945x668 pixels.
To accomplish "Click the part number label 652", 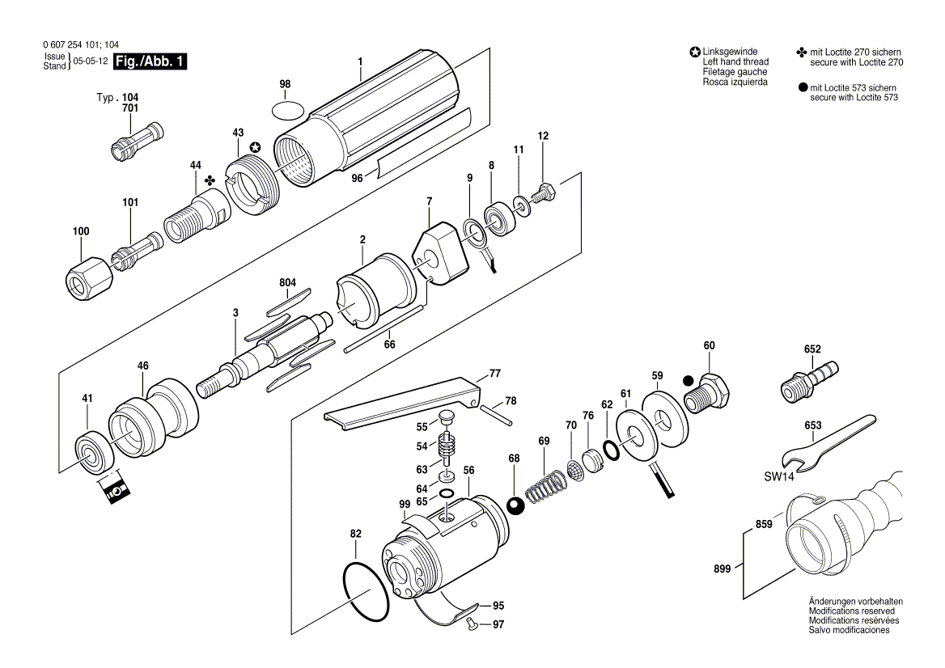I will click(x=812, y=349).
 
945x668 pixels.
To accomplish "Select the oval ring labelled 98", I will click(x=286, y=108).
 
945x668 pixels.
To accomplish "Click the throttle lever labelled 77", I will click(x=405, y=400).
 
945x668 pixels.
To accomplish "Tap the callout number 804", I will click(x=287, y=282).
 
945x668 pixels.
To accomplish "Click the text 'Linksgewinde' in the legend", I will click(x=729, y=52).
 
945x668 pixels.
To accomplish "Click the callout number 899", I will click(x=723, y=569).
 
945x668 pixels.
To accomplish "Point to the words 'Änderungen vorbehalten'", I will click(x=855, y=602).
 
